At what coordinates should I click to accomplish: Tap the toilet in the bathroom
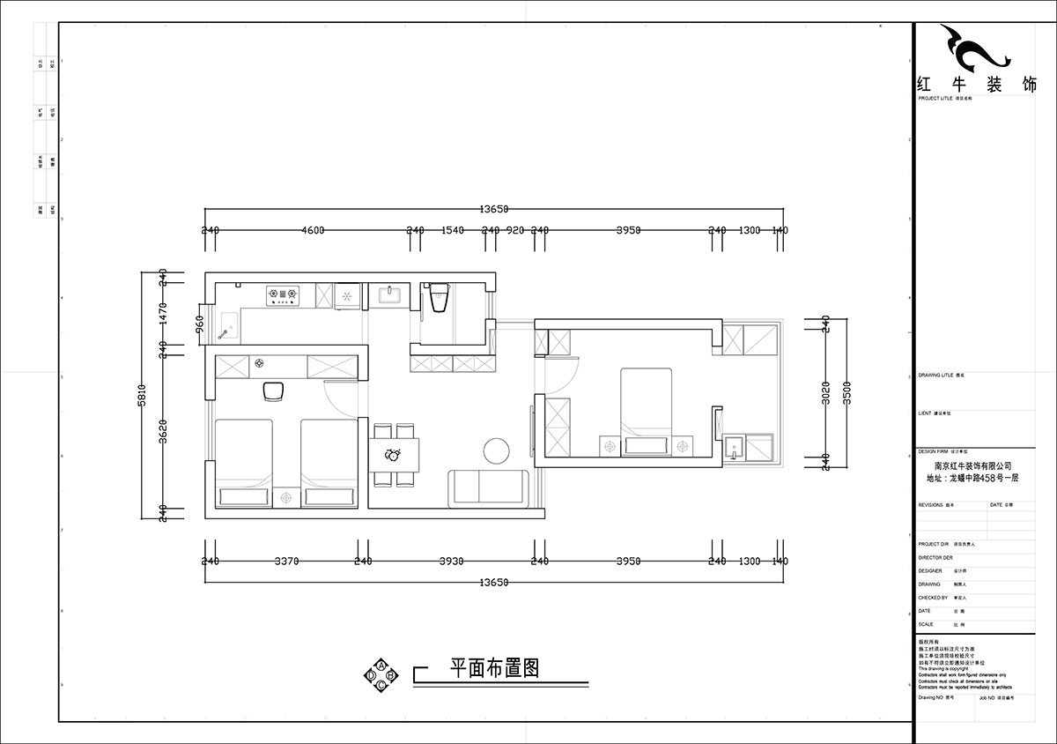click(439, 300)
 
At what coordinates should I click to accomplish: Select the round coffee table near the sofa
click(497, 450)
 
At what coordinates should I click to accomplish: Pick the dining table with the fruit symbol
click(393, 455)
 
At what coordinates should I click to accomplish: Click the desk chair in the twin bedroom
click(275, 389)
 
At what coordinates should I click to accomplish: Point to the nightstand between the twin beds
click(286, 498)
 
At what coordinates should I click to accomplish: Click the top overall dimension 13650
click(494, 209)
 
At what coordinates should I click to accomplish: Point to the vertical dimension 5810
click(151, 394)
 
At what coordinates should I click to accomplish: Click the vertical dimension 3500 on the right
click(845, 394)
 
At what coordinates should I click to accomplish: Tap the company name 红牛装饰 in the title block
click(976, 85)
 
